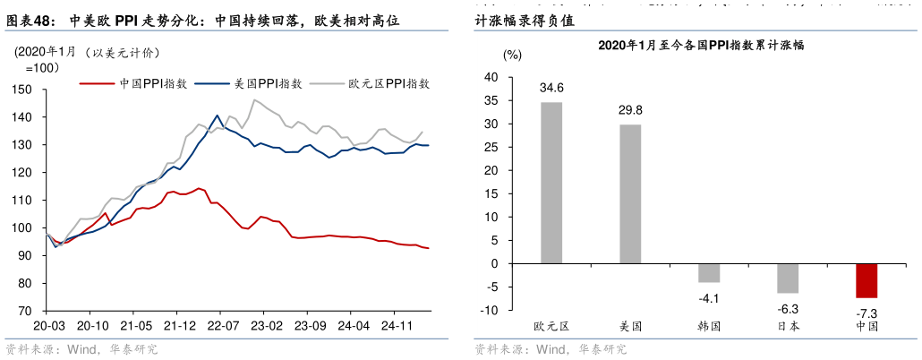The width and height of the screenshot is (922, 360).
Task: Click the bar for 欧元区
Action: [x=551, y=183]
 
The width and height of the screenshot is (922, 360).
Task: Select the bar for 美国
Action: [x=630, y=194]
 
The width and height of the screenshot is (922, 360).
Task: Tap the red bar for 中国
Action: [x=866, y=280]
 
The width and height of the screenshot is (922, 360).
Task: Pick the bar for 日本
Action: [x=788, y=279]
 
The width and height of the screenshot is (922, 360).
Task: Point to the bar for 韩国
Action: [x=709, y=273]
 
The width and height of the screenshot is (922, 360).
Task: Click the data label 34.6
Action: [x=551, y=89]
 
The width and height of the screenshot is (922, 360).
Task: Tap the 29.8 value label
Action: [x=630, y=110]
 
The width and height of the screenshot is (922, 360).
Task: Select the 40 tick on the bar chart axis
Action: [x=491, y=78]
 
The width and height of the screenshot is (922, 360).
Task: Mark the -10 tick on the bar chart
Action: [x=490, y=311]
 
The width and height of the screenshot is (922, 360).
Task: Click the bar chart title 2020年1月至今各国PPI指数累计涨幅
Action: [x=701, y=45]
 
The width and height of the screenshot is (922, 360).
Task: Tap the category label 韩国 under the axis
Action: [x=709, y=326]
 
